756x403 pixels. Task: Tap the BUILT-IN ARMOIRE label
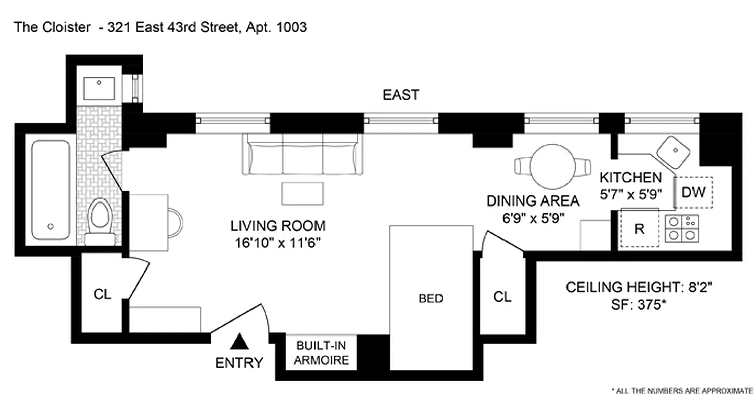[x=322, y=353]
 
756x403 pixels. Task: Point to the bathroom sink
[x=99, y=88]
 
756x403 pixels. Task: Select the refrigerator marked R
[x=639, y=229]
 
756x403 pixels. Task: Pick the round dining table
[x=552, y=166]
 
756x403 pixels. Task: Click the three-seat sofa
[x=302, y=154]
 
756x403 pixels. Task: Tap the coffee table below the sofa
[x=302, y=193]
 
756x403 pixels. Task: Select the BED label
[x=431, y=299]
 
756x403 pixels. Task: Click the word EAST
[x=401, y=95]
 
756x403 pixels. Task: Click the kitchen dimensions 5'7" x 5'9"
[x=630, y=194]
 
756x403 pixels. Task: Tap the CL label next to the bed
[x=502, y=297]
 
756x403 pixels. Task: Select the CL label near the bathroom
[x=102, y=294]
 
